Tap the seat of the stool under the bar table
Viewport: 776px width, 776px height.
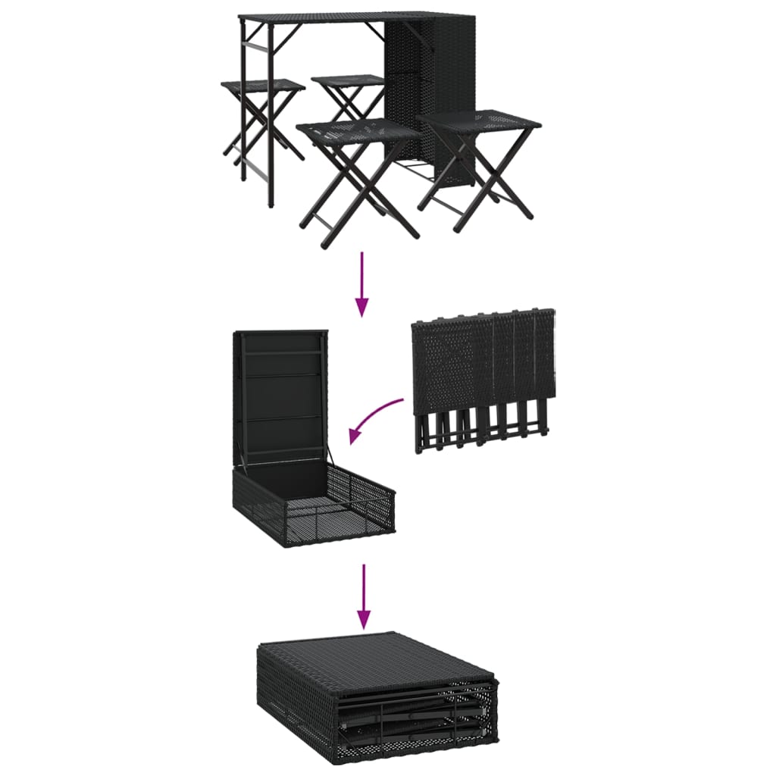coord(262,86)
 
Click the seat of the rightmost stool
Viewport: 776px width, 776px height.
coord(479,120)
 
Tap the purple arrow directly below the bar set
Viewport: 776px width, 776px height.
coord(362,283)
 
